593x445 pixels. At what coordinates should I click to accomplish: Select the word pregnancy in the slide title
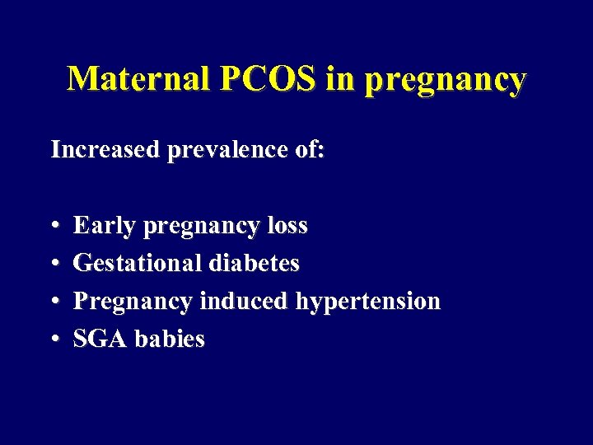(x=442, y=80)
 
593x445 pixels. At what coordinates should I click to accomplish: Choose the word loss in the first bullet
(x=287, y=225)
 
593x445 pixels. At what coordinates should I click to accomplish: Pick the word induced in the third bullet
(x=243, y=301)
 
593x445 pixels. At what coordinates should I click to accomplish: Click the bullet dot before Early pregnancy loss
(x=54, y=226)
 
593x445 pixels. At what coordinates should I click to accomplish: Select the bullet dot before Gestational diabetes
(x=54, y=264)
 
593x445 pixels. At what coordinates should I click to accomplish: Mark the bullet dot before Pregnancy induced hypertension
(x=54, y=302)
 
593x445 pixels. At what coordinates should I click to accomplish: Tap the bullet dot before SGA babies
(x=54, y=340)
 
